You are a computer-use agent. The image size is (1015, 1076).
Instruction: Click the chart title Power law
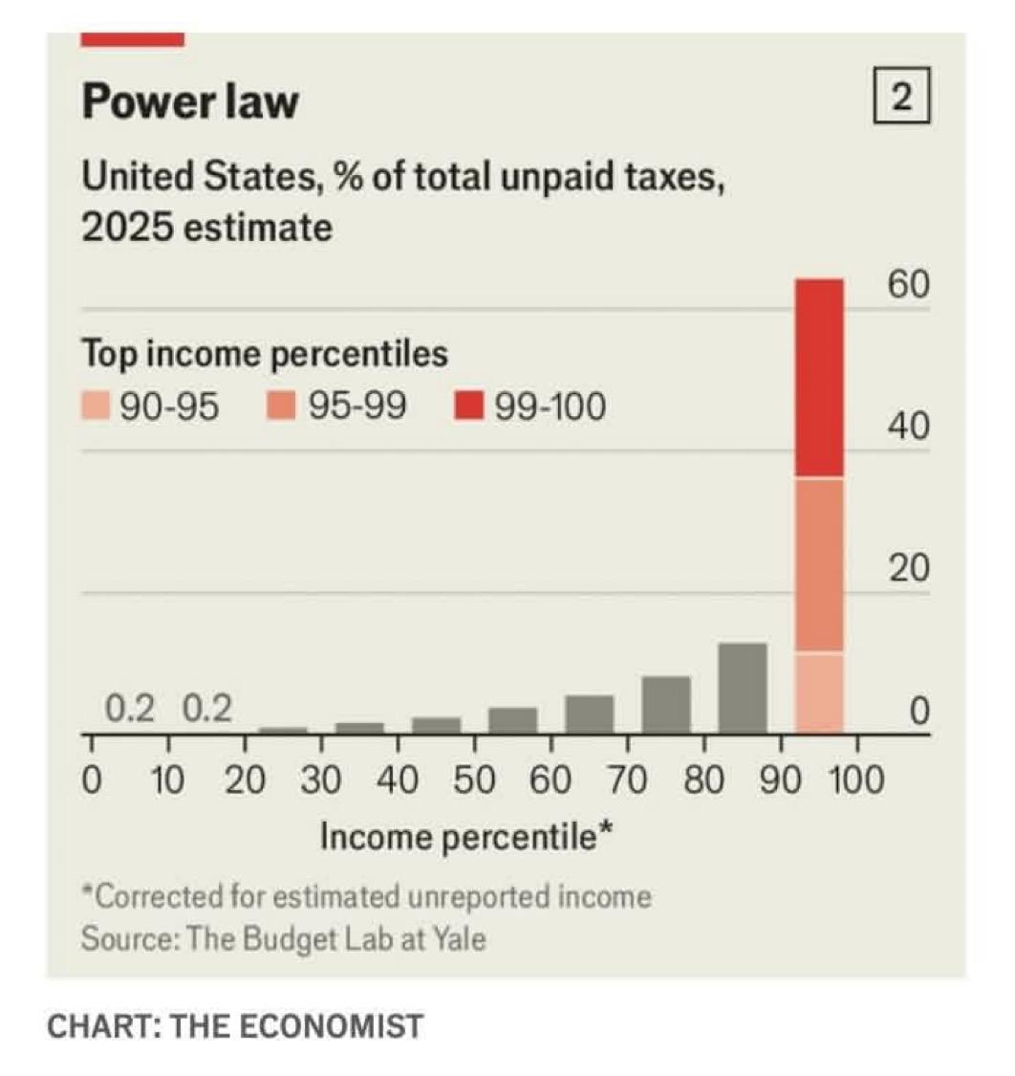tap(189, 101)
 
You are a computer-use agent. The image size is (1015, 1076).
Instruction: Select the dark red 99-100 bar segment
tap(819, 378)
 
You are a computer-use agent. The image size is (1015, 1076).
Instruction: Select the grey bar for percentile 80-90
tap(743, 686)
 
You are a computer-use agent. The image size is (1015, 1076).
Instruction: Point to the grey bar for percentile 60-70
tap(590, 713)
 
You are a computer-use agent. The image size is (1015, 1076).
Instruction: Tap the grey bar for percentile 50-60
tap(513, 719)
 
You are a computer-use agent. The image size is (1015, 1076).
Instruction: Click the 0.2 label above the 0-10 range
tap(130, 710)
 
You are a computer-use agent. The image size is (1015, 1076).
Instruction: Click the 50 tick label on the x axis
tap(474, 780)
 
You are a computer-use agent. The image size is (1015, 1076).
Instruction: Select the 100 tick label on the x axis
tap(856, 780)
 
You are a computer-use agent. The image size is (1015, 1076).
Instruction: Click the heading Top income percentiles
tap(265, 355)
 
